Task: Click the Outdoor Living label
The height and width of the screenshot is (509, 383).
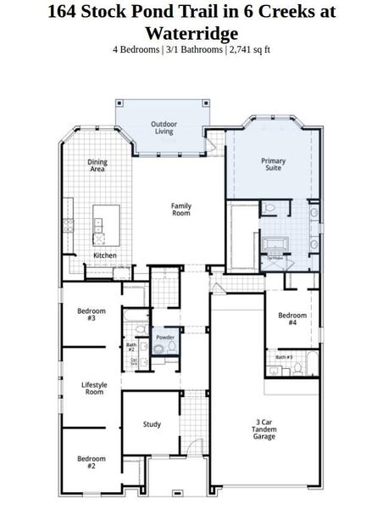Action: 164,128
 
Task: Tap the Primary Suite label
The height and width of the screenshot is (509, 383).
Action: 273,164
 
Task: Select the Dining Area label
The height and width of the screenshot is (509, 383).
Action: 98,165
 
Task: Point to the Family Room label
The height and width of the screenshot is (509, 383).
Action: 181,209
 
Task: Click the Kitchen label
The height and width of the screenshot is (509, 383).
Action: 105,255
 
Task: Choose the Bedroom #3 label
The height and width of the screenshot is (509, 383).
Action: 86,314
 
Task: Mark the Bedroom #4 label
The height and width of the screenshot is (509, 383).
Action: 292,319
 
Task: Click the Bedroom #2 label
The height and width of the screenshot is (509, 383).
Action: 92,462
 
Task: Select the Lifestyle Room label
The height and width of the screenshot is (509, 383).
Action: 93,389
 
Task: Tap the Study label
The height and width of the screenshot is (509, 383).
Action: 153,424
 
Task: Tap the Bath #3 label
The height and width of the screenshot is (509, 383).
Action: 284,357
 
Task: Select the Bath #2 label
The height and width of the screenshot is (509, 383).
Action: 131,347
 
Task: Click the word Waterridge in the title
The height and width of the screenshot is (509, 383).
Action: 191,33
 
